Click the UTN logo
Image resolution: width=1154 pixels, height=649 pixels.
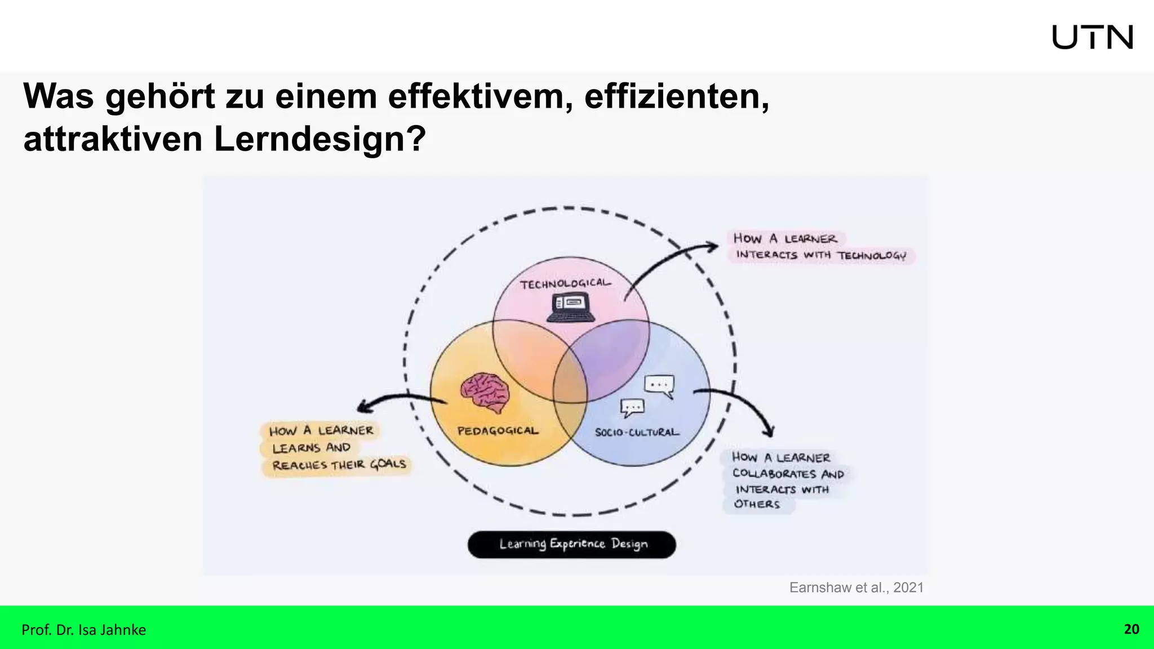1092,37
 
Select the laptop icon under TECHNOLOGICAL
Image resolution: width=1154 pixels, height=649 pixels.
571,308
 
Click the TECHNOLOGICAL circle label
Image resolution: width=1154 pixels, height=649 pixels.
565,283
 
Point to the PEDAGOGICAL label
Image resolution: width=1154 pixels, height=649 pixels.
498,431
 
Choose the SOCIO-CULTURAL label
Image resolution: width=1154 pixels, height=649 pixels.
637,432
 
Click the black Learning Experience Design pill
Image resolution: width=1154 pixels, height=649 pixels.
572,544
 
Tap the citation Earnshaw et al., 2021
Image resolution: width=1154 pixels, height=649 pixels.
856,588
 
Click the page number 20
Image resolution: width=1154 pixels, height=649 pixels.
1131,629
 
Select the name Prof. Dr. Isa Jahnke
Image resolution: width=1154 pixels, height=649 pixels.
83,630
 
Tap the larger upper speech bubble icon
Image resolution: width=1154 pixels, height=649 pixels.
659,386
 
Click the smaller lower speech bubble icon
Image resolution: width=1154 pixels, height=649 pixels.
632,407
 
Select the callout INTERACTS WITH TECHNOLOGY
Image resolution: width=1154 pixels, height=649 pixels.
821,255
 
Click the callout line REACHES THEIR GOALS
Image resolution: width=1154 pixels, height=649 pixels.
339,465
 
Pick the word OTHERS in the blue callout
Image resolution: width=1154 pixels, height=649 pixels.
757,504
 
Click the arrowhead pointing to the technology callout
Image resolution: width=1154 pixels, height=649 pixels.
713,246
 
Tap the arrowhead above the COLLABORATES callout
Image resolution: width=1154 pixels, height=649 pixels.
769,432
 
